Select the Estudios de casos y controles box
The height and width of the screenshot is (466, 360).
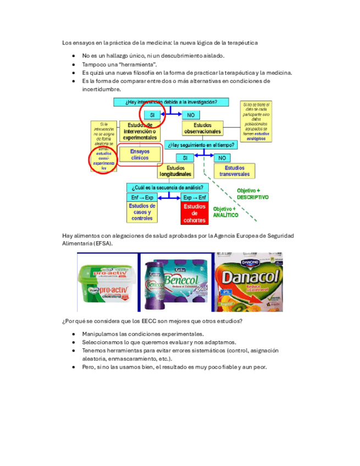[x=142, y=212]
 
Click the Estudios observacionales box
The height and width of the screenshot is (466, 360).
[x=202, y=129]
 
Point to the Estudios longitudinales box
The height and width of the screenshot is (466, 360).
[x=176, y=171]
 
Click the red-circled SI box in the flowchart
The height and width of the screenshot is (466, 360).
[x=153, y=115]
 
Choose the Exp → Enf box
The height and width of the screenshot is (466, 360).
[x=195, y=197]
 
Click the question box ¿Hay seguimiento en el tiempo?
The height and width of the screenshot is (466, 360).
[x=202, y=145]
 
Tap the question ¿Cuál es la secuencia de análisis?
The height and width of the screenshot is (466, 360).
[x=169, y=187]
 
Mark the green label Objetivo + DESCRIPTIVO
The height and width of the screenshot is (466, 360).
[x=253, y=193]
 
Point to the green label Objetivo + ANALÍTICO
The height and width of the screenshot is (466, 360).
[x=226, y=213]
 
